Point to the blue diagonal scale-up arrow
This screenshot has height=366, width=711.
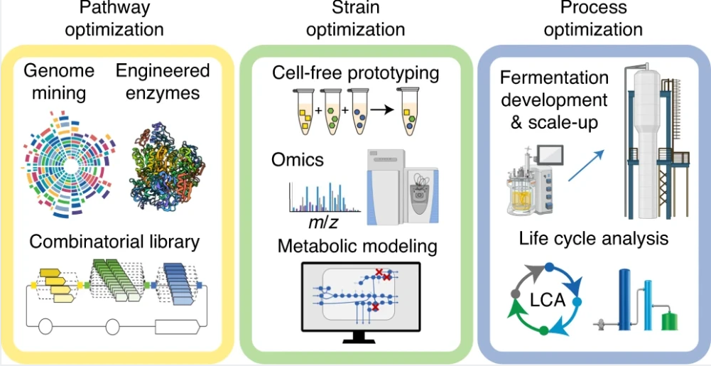point(587,166)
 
